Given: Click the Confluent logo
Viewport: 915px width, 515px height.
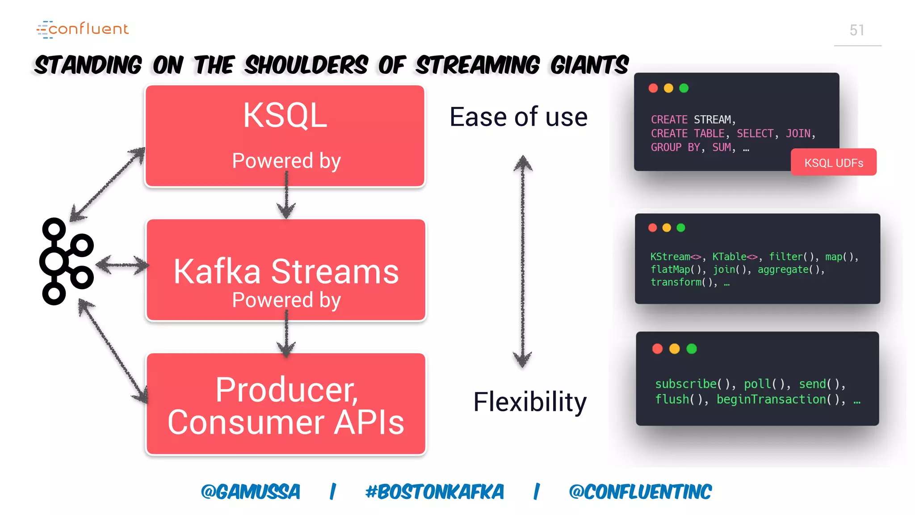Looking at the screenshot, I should (83, 29).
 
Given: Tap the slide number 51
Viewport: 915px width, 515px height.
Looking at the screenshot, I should (856, 30).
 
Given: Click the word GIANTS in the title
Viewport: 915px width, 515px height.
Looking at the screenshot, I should (589, 65).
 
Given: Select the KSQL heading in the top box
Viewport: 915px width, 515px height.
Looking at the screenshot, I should (285, 115).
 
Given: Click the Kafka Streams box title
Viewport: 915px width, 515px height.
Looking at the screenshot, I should (286, 271).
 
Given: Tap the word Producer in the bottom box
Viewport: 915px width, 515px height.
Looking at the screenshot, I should (286, 390).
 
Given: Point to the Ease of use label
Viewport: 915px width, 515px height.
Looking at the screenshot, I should (518, 117).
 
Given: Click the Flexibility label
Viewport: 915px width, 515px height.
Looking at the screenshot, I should (530, 401).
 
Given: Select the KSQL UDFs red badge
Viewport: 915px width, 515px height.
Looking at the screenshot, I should (833, 163).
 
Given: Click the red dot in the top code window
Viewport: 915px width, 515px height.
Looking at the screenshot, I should (653, 88).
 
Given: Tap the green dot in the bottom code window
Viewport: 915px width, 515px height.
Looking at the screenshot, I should (691, 349).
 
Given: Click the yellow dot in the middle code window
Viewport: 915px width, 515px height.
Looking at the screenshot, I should (667, 228).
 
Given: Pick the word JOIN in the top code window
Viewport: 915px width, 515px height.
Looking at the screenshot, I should (798, 134).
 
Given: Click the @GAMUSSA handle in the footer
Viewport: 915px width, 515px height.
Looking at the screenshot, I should (251, 492).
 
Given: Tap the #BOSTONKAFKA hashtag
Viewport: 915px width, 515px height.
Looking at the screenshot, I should (434, 492).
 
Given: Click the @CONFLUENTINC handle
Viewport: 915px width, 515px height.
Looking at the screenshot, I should (640, 492).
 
